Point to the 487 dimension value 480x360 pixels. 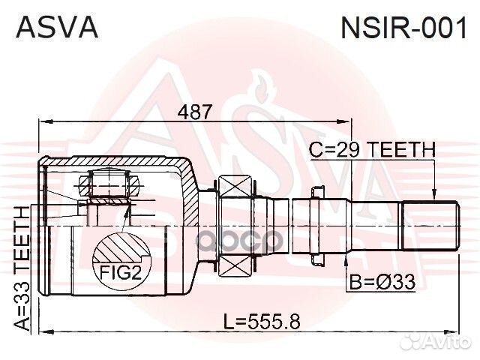point(193,110)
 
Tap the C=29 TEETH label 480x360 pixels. point(372,151)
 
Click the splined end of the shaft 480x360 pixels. point(430,226)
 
